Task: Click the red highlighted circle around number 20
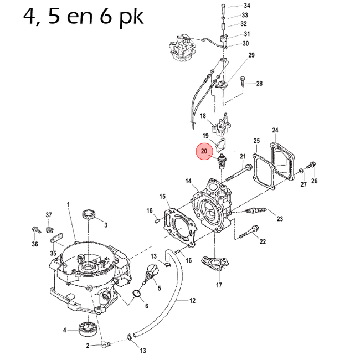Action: click(204, 151)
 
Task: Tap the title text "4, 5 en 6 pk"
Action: click(84, 17)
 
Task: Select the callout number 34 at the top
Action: click(247, 6)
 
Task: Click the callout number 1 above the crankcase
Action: click(69, 205)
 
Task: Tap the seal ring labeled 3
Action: click(89, 215)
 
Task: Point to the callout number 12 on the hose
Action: click(192, 301)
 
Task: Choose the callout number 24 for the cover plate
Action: click(275, 131)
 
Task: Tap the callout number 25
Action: click(256, 141)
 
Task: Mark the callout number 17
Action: click(219, 285)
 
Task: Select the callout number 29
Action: click(251, 55)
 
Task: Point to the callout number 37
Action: click(49, 215)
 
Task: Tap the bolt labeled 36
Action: click(36, 228)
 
